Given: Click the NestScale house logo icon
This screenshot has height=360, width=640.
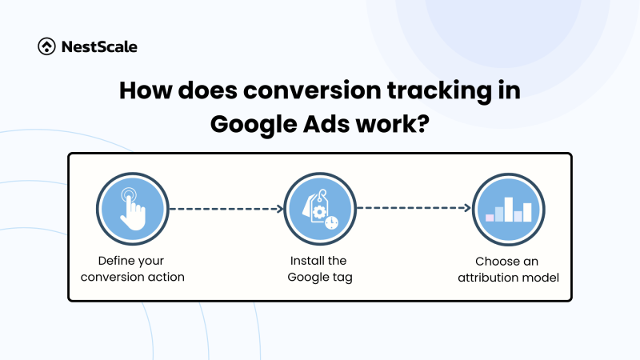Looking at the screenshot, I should point(47,47).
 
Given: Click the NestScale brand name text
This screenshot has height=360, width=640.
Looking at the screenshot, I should point(100,47).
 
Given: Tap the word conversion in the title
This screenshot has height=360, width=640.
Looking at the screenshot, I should point(303,90).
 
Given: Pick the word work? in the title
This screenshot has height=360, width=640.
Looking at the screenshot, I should point(396,125).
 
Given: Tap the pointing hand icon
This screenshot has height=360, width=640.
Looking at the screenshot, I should point(132,210).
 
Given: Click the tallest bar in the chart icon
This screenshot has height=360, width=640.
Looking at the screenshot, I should point(509,205).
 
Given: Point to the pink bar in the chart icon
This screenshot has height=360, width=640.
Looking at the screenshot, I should point(490,217).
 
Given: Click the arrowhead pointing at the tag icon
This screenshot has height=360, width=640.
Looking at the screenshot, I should point(280,210).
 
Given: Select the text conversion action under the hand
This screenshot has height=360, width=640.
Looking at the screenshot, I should point(132,277).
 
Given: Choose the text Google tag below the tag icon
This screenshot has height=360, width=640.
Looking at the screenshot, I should point(319,277).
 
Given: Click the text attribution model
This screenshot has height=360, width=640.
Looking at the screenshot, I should point(507,277).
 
